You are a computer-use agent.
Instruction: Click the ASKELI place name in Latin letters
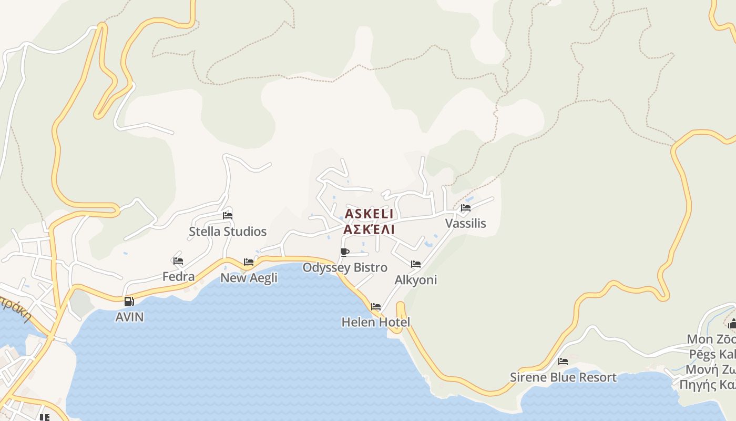click(369, 214)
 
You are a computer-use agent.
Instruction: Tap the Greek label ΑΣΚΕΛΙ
click(369, 229)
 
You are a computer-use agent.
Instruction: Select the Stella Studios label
click(228, 232)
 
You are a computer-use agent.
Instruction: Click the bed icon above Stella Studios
click(228, 215)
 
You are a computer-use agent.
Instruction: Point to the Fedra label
click(178, 276)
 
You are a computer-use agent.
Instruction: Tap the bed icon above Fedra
click(178, 260)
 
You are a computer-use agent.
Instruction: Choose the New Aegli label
click(249, 278)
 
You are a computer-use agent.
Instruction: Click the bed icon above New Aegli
click(249, 262)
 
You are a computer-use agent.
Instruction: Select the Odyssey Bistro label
click(345, 267)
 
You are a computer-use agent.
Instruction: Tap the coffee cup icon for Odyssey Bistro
click(345, 252)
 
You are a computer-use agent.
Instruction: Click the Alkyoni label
click(416, 280)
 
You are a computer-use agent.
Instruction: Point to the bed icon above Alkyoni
click(416, 264)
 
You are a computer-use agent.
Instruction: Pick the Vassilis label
click(466, 223)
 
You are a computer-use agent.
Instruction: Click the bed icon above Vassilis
click(466, 207)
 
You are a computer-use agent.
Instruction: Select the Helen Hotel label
click(376, 322)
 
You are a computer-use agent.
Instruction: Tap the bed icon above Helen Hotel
click(376, 306)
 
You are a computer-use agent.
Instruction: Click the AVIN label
click(129, 317)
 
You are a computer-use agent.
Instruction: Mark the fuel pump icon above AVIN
click(129, 302)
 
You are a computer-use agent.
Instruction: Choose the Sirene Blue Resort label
click(563, 377)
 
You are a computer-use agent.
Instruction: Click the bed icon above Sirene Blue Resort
click(563, 362)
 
